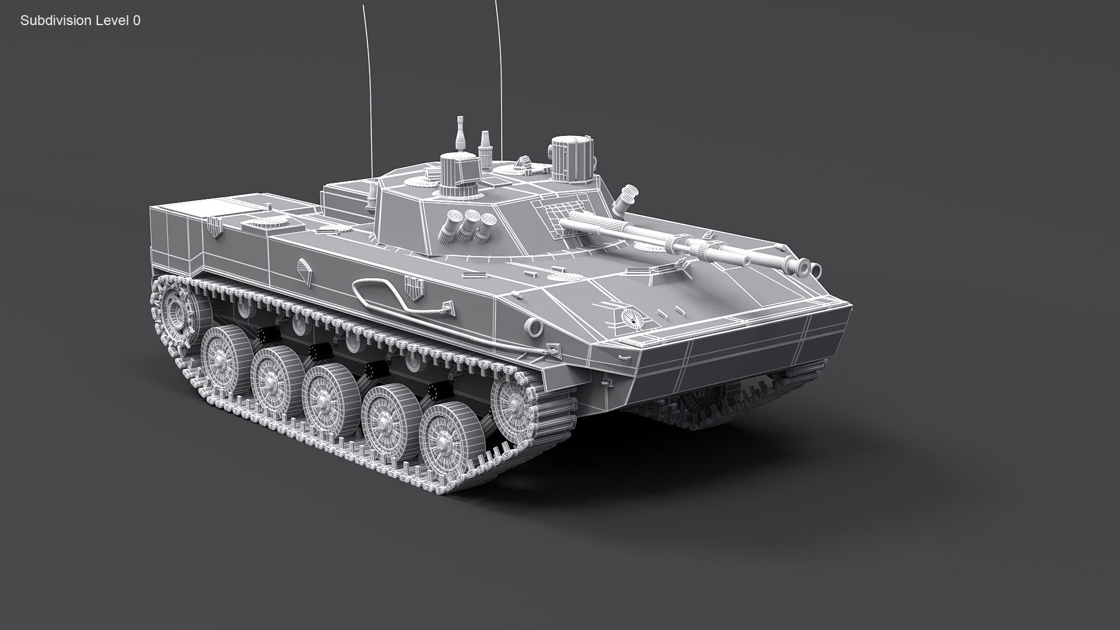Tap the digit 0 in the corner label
(x=136, y=20)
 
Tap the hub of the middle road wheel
(x=322, y=401)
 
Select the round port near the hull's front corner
(x=533, y=326)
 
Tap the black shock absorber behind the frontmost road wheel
(x=437, y=391)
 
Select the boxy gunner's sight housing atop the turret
(x=458, y=175)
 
